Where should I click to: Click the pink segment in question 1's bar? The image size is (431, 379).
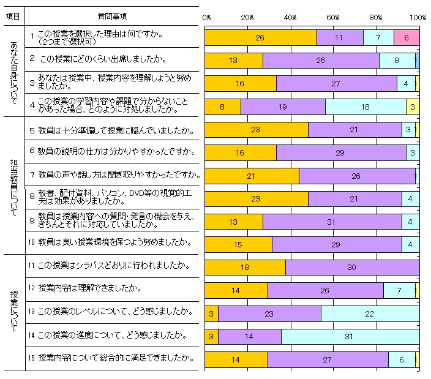tap(406, 37)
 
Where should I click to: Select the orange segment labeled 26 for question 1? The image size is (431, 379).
tap(260, 37)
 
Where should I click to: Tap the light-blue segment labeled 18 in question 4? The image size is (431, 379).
tap(365, 107)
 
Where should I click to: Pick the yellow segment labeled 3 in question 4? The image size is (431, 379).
tap(414, 107)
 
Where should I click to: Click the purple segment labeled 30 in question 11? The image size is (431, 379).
tap(352, 268)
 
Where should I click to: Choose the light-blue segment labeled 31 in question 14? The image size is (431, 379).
tap(350, 337)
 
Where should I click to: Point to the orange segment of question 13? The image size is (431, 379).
tap(211, 313)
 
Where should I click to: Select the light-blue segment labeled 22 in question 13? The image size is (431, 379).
tap(370, 313)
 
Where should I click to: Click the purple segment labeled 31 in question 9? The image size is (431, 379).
tap(332, 222)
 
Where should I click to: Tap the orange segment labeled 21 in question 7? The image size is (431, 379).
tap(251, 176)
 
